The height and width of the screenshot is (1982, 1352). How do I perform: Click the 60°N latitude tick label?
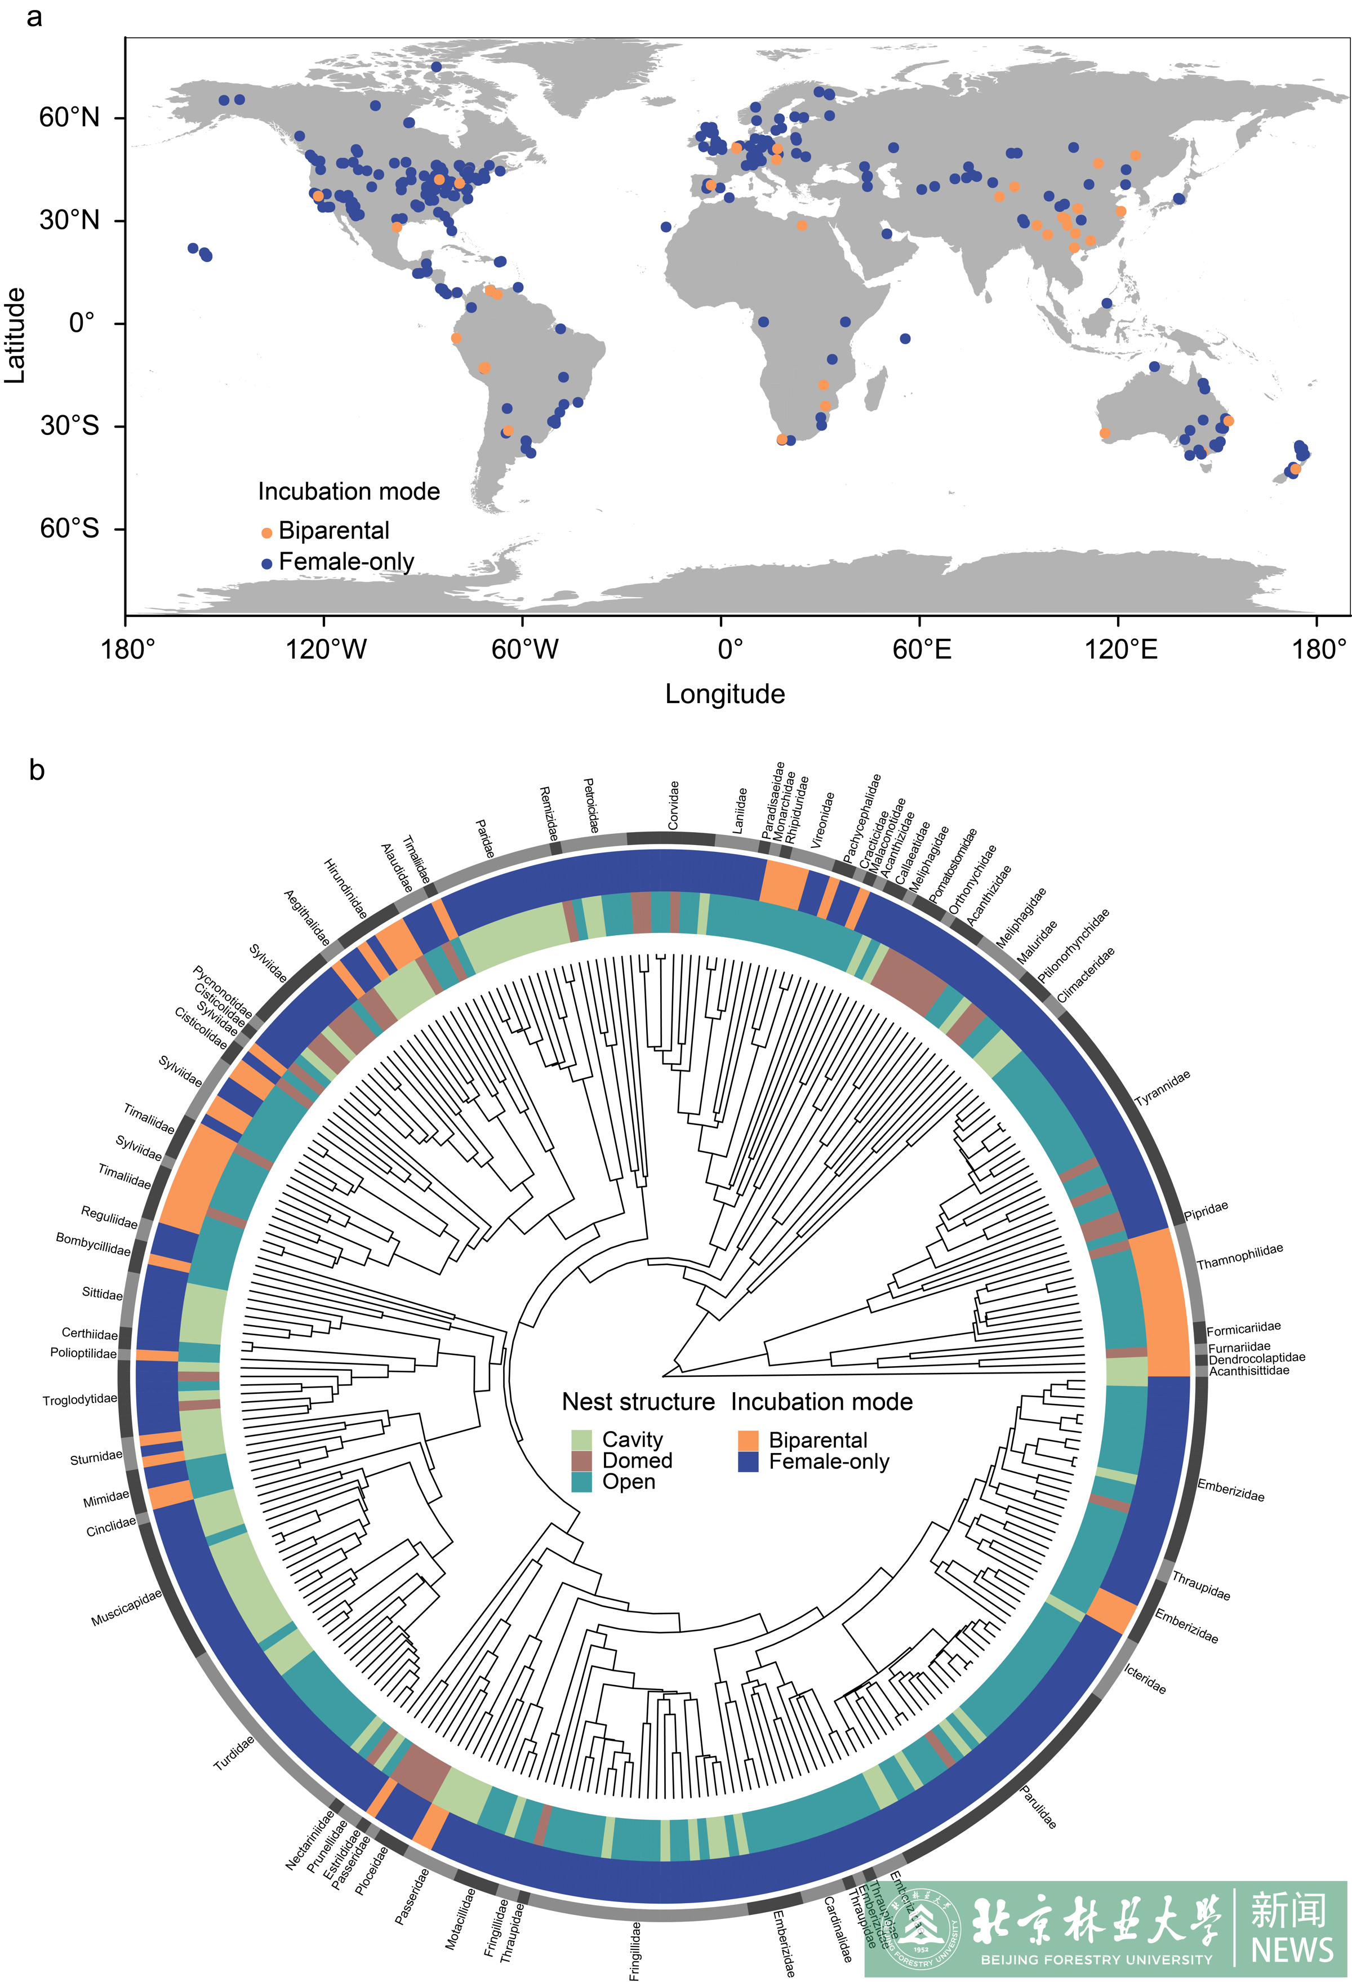pos(69,118)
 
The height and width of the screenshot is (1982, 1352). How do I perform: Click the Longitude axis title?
pos(724,694)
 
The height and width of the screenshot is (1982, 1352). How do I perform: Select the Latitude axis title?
pos(15,335)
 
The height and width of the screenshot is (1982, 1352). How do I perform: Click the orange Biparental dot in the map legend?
pos(266,533)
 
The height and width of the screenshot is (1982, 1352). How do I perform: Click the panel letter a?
pos(34,17)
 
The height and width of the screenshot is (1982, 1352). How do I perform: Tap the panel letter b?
pos(37,770)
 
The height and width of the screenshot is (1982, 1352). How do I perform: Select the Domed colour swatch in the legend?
pos(581,1461)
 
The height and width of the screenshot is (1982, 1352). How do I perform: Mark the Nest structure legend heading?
pos(638,1402)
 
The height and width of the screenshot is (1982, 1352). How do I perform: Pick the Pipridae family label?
pos(1206,1211)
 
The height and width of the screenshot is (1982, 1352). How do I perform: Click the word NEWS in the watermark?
pos(1291,1949)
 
